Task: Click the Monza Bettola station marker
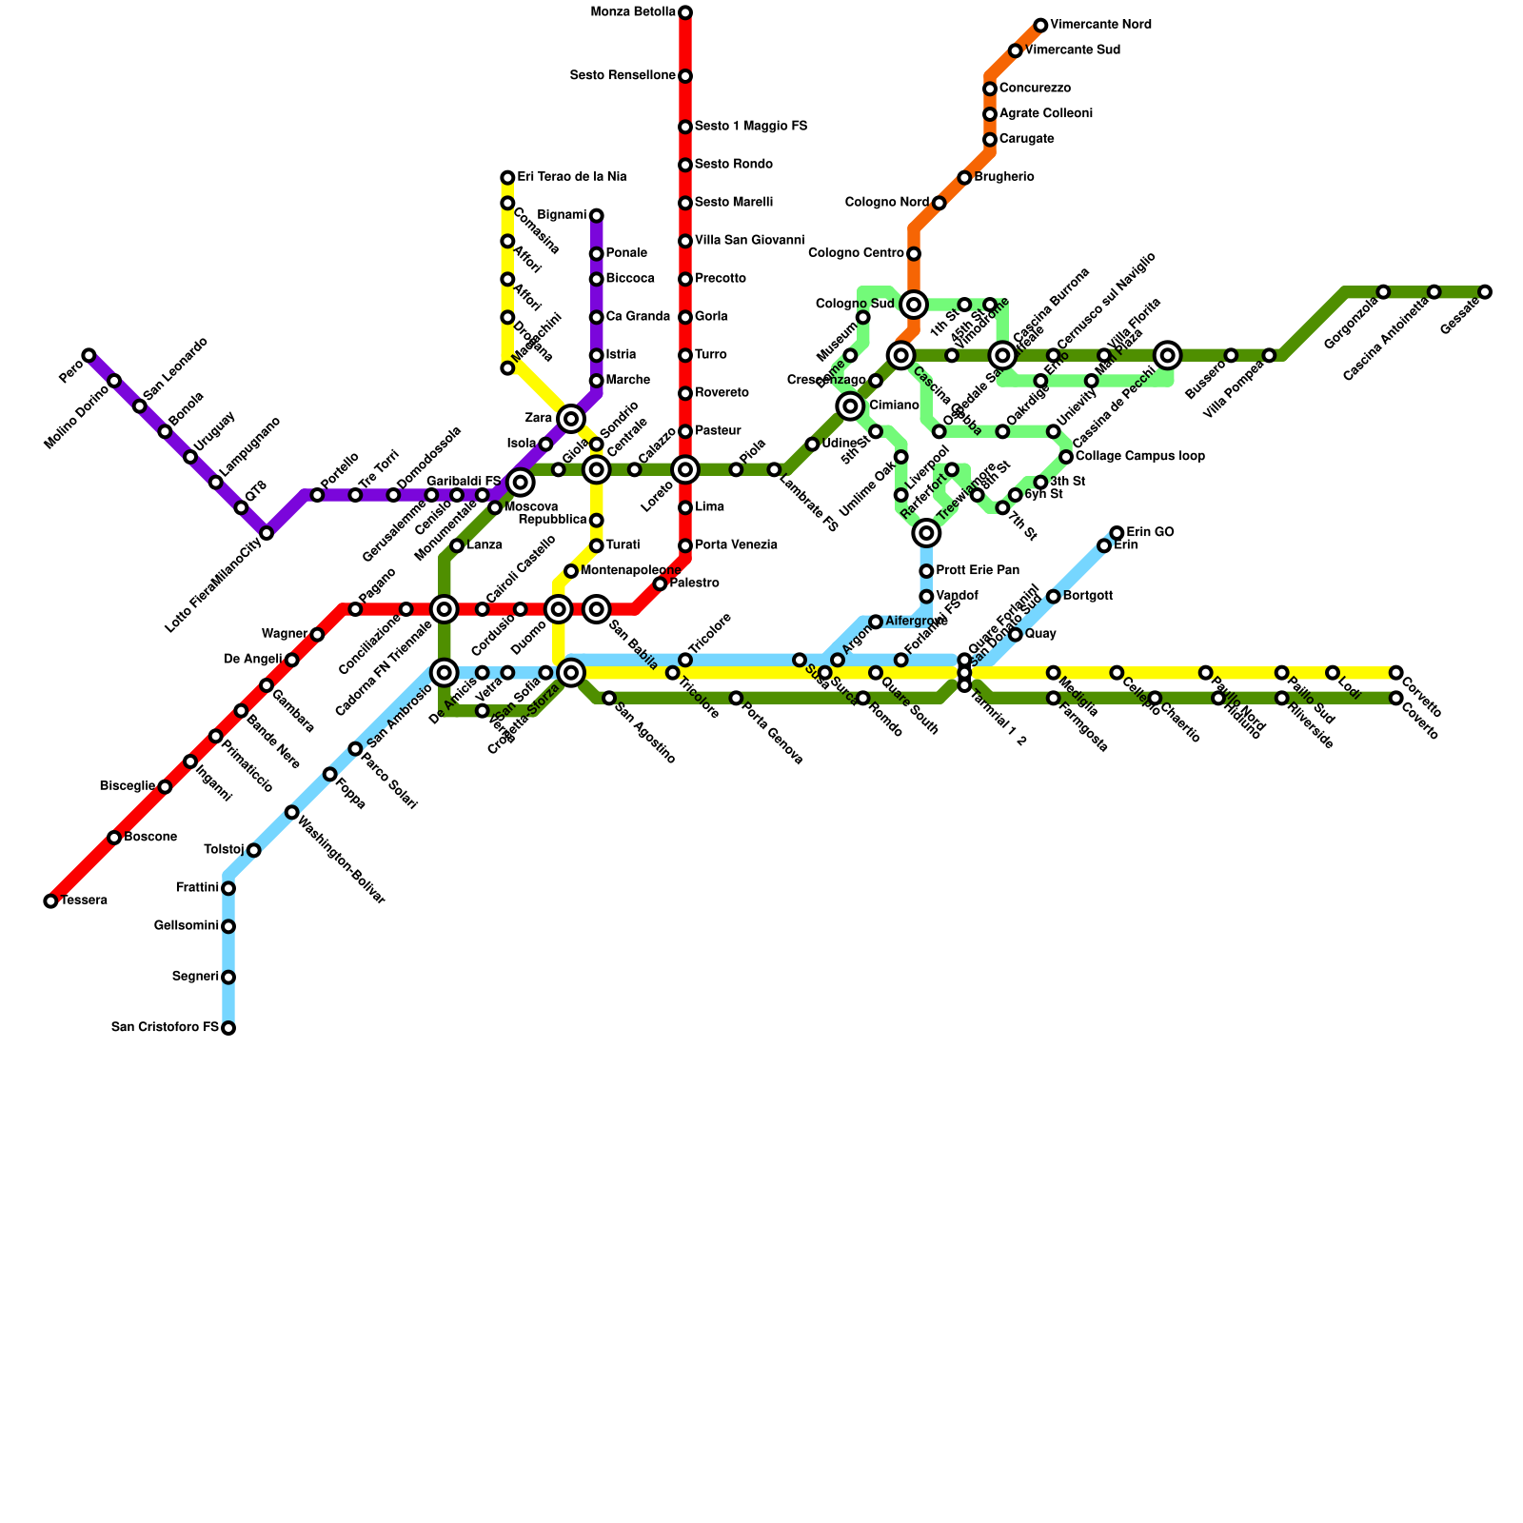pos(685,12)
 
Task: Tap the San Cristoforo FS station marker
pos(228,1028)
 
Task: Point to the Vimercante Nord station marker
pos(1040,25)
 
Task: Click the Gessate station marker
pos(1485,291)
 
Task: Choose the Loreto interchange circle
pos(685,469)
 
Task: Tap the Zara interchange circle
pos(571,418)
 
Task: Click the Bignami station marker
pos(596,215)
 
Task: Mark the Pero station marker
pos(89,355)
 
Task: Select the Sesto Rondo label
pos(733,165)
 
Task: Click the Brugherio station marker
pos(964,178)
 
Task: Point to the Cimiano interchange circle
pos(851,406)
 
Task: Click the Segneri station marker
pos(228,977)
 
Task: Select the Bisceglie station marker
pos(165,786)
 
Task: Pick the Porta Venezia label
pos(736,545)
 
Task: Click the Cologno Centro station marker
pos(914,253)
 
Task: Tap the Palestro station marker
pos(660,583)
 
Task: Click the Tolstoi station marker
pos(253,850)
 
